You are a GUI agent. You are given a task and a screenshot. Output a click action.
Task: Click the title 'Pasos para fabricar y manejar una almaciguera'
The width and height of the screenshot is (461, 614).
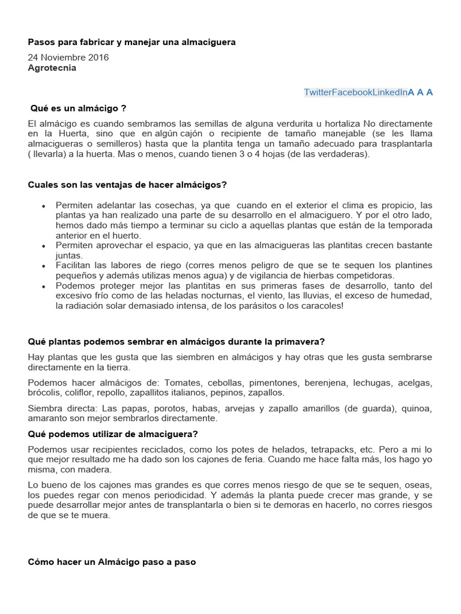pos(131,42)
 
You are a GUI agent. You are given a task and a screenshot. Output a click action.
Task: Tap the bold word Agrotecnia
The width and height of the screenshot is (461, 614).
pos(52,68)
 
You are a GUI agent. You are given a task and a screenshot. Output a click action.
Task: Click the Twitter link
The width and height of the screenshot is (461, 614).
pos(318,92)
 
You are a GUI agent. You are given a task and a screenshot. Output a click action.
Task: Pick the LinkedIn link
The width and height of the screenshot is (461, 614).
pos(390,92)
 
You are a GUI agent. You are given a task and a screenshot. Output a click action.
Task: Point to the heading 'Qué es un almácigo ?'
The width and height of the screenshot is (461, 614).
pos(78,108)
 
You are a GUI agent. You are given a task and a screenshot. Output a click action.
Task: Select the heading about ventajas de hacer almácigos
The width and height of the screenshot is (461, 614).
pos(127,184)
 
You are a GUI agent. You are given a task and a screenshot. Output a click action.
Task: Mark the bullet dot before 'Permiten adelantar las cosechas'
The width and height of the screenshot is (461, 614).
pos(44,205)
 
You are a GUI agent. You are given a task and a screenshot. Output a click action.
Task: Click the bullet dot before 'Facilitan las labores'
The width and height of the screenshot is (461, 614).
pos(44,266)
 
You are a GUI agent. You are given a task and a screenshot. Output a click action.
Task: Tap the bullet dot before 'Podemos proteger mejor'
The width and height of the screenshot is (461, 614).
pos(44,286)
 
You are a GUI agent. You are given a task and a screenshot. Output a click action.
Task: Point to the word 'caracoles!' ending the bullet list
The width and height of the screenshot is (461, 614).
pos(322,306)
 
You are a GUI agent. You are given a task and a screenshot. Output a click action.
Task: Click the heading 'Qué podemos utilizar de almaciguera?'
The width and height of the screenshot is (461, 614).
pos(113,434)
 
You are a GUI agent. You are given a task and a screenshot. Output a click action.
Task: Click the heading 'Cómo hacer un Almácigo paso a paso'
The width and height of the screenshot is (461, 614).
pos(112,562)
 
